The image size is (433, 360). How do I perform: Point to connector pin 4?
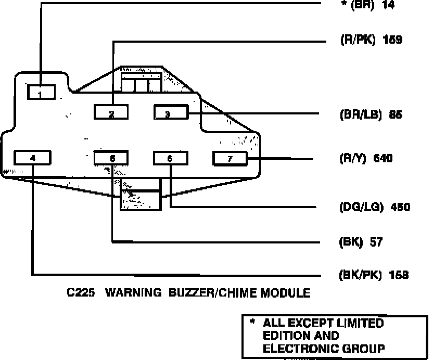[33, 158]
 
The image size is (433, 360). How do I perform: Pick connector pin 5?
[111, 158]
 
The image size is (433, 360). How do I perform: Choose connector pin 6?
[170, 158]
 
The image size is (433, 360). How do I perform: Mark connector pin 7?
[230, 158]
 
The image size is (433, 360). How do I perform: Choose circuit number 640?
[383, 158]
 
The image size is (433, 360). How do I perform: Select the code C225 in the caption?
[81, 293]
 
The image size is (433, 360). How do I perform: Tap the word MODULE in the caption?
[288, 293]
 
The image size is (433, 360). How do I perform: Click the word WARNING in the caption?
[132, 293]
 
